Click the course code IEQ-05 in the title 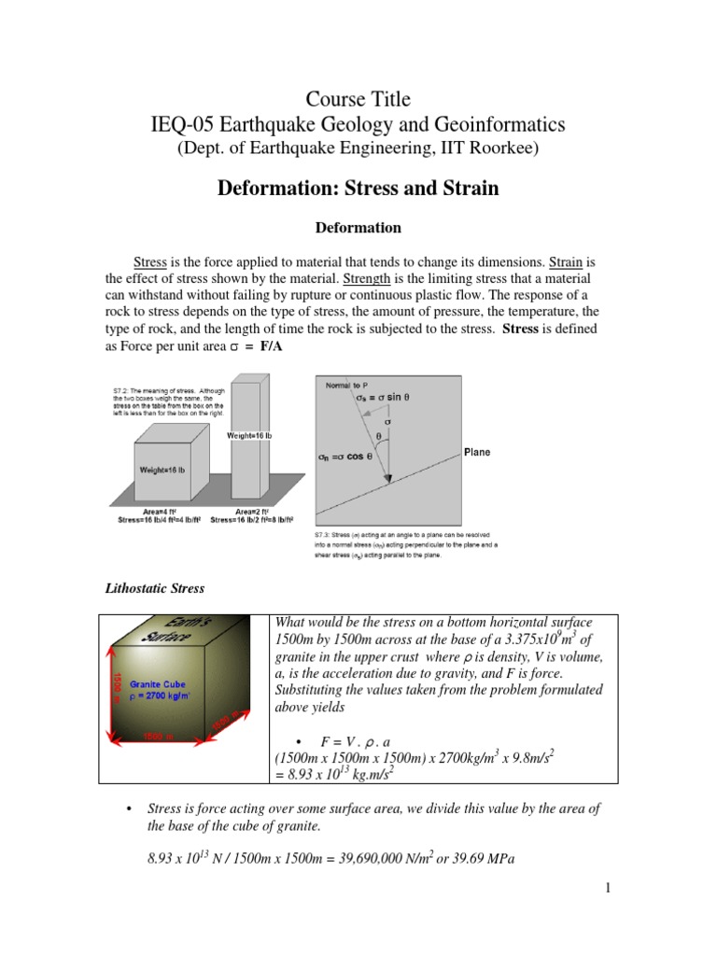pyautogui.click(x=190, y=124)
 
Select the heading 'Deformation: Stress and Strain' pyautogui.click(x=358, y=188)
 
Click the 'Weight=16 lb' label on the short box pyautogui.click(x=162, y=469)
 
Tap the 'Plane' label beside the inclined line pyautogui.click(x=476, y=452)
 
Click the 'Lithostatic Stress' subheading pyautogui.click(x=152, y=589)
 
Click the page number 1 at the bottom pyautogui.click(x=606, y=889)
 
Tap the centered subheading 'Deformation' pyautogui.click(x=358, y=228)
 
